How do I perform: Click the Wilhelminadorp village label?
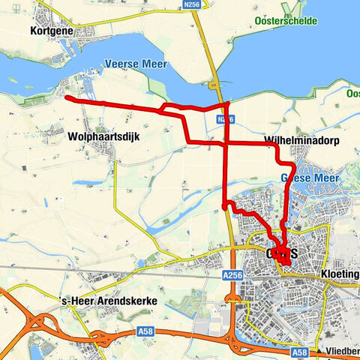[x=295, y=142]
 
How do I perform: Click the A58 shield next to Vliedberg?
[x=299, y=352]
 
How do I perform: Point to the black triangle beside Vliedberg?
[x=321, y=352]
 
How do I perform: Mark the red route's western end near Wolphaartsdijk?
[x=67, y=97]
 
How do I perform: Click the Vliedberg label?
[x=343, y=352]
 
